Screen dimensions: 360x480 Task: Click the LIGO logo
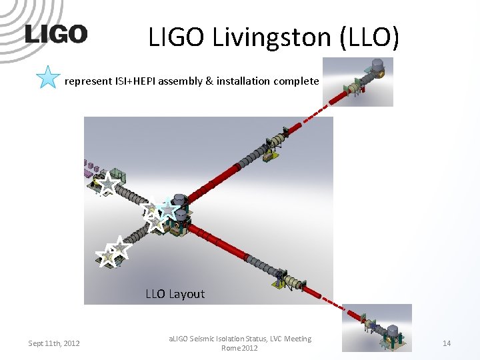coord(56,34)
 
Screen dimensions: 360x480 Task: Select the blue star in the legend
coord(48,77)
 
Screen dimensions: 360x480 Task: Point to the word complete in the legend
coord(295,81)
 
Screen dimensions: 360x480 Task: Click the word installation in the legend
coord(238,81)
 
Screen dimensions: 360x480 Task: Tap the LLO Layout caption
coord(175,294)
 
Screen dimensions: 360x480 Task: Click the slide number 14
coord(447,343)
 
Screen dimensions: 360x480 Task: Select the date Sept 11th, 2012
coord(54,343)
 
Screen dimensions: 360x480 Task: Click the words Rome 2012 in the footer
coord(239,348)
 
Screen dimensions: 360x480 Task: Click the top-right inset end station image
coord(358,81)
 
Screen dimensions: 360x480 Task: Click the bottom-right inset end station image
coord(377,327)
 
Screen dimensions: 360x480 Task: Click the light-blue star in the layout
coord(167,210)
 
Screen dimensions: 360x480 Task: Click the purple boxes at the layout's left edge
coord(89,167)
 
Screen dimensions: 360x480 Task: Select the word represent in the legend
coord(87,81)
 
